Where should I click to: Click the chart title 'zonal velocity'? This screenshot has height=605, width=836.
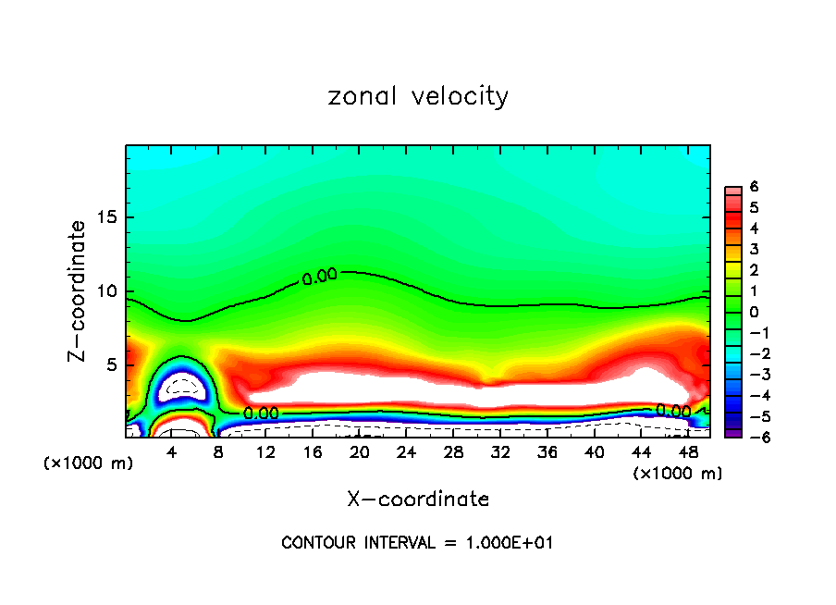418,96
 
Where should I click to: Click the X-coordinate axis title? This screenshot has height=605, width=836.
418,500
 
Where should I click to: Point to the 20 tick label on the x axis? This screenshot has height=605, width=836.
360,452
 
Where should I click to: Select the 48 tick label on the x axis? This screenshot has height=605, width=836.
688,452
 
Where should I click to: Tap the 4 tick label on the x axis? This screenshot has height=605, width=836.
172,452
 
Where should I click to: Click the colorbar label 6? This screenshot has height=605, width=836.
754,187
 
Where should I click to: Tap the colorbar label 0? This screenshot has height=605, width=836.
754,312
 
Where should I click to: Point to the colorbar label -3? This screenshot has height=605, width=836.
751,375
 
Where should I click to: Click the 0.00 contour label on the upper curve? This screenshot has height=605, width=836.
319,276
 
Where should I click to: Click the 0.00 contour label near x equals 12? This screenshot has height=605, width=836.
261,414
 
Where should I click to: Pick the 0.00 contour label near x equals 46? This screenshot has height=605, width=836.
673,411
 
